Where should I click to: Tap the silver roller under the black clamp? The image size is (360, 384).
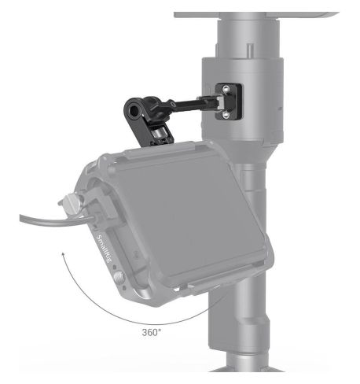point(156,135)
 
